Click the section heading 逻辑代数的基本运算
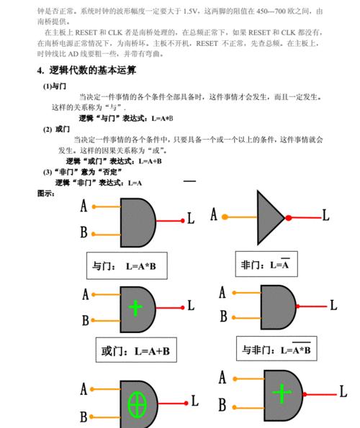coord(92,70)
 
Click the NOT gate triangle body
coord(267,217)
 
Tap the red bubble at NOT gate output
coord(289,217)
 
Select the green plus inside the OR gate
coord(135,308)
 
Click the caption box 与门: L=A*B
coord(127,265)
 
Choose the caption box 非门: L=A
coord(266,264)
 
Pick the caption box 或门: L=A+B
coord(136,350)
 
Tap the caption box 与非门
coord(276,349)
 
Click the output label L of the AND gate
coord(191,219)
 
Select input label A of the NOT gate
coord(214,214)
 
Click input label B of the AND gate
coord(84,232)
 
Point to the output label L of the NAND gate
coord(333,305)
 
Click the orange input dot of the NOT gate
coord(225,217)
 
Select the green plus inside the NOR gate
coord(282,393)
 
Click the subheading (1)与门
coord(55,86)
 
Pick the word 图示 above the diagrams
coord(46,193)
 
